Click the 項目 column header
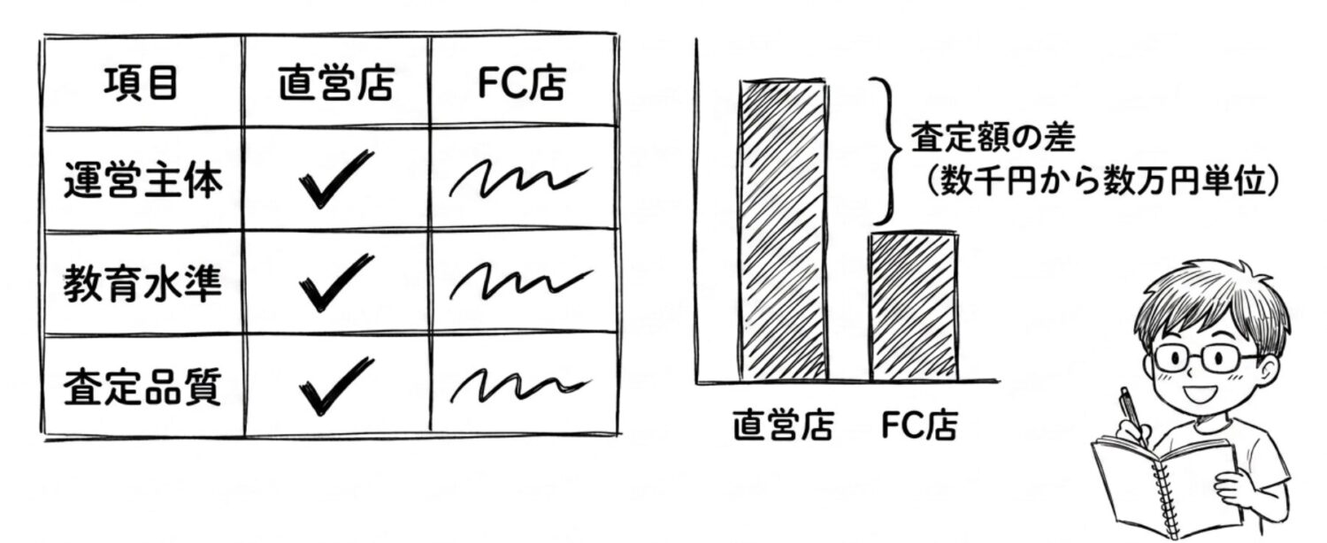141,83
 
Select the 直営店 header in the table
336,83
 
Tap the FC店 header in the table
522,83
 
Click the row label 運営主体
142,180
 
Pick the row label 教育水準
142,284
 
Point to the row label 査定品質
142,386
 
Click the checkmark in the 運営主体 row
335,179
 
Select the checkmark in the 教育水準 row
335,282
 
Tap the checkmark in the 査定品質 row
335,386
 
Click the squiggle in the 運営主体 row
520,179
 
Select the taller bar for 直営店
783,230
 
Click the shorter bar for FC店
914,307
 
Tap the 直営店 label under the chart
784,424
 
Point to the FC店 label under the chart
919,424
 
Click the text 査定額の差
993,137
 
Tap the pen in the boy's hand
1131,415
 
